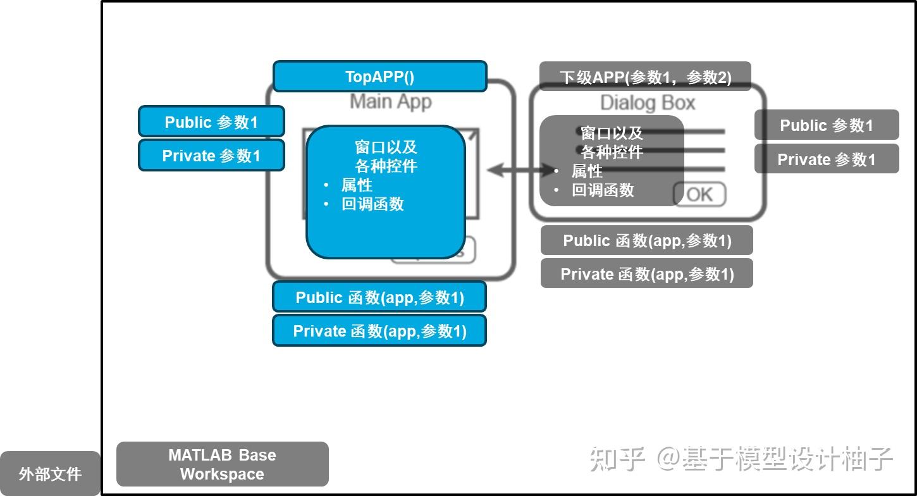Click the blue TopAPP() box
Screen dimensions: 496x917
379,77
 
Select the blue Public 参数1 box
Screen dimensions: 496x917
211,121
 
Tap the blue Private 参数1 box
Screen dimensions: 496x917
211,156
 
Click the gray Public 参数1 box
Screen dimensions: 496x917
826,125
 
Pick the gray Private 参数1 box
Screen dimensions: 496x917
826,159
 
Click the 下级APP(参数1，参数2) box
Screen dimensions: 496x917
645,77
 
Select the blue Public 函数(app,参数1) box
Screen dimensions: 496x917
379,297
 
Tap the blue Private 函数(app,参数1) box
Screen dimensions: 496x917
379,331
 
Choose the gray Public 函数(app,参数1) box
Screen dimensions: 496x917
647,240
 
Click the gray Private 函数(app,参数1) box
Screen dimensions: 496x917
647,274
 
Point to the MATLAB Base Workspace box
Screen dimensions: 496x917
222,464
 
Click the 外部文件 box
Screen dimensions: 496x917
50,473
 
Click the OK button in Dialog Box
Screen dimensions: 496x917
699,194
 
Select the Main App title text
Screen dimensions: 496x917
391,101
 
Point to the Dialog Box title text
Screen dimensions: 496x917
647,102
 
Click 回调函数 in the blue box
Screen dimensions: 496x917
372,204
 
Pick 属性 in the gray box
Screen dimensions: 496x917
587,171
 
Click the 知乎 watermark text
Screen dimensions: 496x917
617,459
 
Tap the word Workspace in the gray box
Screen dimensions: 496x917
222,474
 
